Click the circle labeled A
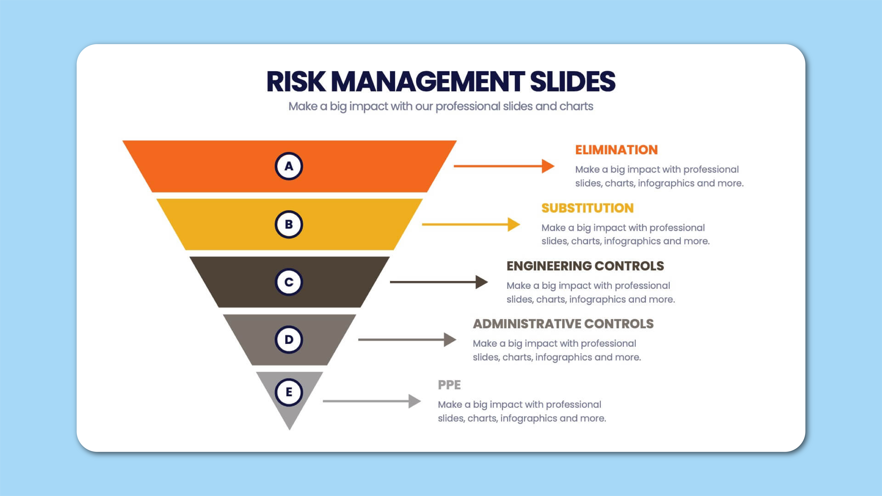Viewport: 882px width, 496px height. click(x=289, y=166)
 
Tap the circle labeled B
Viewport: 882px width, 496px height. click(x=289, y=224)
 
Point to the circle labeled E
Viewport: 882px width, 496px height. click(x=289, y=392)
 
